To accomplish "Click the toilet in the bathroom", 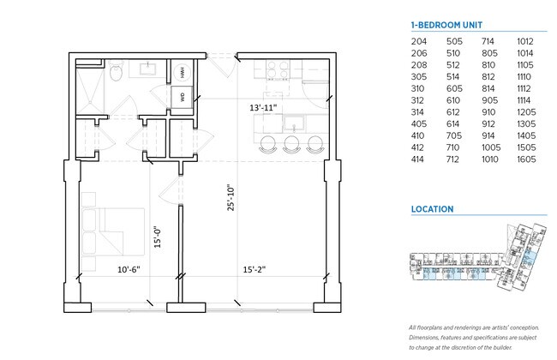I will tap(116, 76).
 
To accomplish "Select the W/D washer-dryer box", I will tap(183, 97).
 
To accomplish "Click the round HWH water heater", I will tap(183, 73).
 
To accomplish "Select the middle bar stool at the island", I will tap(293, 142).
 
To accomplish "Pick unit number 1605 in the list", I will tap(526, 159).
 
